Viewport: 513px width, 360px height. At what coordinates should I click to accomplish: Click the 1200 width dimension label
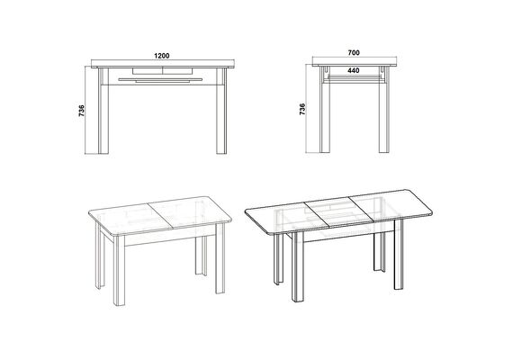[x=162, y=56]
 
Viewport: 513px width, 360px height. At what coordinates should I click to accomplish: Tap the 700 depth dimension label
[x=354, y=53]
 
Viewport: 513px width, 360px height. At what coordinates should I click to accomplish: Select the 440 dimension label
[x=354, y=70]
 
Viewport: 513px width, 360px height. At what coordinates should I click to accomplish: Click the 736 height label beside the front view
[x=82, y=111]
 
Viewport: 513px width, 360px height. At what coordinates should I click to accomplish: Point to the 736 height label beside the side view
[x=302, y=109]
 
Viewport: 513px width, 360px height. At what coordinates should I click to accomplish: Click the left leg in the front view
[x=103, y=111]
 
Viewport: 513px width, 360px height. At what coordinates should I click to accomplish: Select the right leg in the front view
[x=221, y=111]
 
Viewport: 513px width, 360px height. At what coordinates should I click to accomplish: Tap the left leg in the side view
[x=325, y=109]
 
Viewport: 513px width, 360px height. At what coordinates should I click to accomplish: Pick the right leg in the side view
[x=384, y=109]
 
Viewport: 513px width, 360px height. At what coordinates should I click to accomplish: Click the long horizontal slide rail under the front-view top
[x=160, y=79]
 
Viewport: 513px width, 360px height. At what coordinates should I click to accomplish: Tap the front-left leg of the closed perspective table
[x=119, y=270]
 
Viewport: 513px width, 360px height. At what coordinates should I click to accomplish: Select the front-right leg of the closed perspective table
[x=220, y=257]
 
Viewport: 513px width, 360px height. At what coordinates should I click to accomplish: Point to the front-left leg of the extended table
[x=298, y=266]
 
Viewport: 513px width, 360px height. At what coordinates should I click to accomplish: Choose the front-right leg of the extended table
[x=399, y=255]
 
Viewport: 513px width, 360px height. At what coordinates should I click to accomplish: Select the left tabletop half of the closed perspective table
[x=130, y=219]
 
